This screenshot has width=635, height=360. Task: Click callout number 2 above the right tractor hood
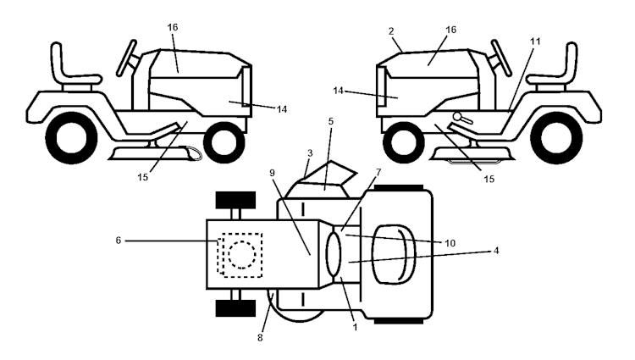coord(393,31)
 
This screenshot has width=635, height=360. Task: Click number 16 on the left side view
coord(173,28)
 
